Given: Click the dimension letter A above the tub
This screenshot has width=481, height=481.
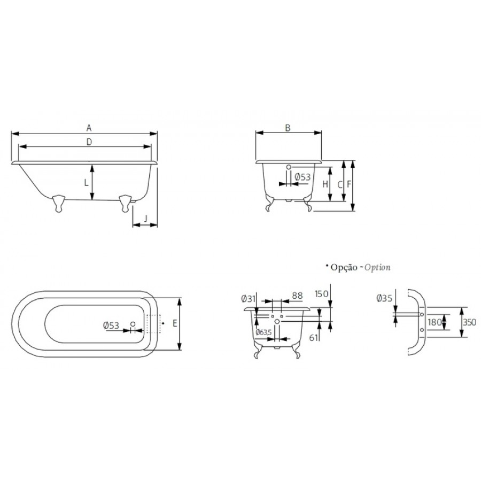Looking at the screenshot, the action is [x=89, y=128].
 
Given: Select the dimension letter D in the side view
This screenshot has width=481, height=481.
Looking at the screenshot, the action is [x=89, y=142].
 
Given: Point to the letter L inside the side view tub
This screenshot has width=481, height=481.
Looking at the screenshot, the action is [x=86, y=183].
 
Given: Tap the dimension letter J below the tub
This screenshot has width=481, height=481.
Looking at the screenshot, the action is [x=146, y=219].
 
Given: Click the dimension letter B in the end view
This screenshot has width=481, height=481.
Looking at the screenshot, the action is [x=288, y=128].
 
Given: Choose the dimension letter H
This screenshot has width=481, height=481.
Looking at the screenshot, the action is [x=325, y=184].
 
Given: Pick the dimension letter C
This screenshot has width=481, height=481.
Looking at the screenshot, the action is [x=339, y=185].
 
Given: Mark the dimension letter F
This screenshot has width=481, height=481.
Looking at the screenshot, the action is [x=349, y=184].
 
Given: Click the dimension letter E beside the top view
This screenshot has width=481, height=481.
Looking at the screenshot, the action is [x=175, y=323].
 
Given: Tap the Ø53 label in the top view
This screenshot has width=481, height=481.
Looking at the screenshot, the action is [x=111, y=325].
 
